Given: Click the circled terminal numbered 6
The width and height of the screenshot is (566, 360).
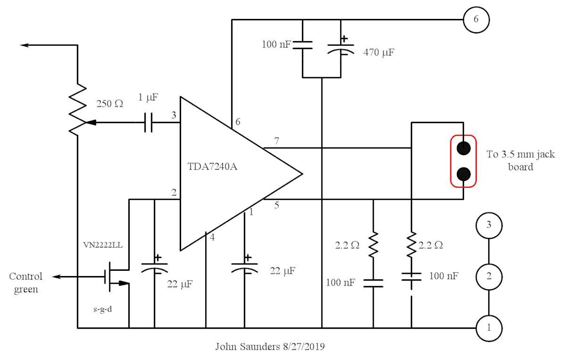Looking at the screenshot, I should [476, 20].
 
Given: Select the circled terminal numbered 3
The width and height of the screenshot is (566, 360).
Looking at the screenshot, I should [489, 226].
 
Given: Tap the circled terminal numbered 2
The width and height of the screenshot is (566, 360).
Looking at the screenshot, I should [489, 277].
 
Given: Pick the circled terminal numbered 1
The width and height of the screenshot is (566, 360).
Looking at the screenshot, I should [489, 328].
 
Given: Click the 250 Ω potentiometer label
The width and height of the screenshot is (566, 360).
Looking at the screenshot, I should [110, 103].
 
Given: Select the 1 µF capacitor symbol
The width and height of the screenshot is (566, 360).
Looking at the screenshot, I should [149, 123].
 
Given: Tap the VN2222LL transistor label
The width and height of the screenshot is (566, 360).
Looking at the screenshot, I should [102, 245].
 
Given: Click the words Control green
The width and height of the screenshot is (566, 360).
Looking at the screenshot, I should [26, 283].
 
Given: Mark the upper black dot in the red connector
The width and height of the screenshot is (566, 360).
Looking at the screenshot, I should [463, 148].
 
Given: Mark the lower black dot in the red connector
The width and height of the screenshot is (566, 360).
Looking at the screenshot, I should [463, 174].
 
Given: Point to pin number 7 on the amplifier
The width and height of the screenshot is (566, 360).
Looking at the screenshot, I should [277, 140].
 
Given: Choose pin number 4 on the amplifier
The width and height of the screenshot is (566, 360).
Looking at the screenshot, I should [212, 237].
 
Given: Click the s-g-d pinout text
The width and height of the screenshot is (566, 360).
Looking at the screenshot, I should [103, 309].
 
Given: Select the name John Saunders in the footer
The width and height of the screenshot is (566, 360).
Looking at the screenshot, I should [243, 347].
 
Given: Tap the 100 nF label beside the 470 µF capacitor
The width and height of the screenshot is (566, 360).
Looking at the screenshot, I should [276, 45].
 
